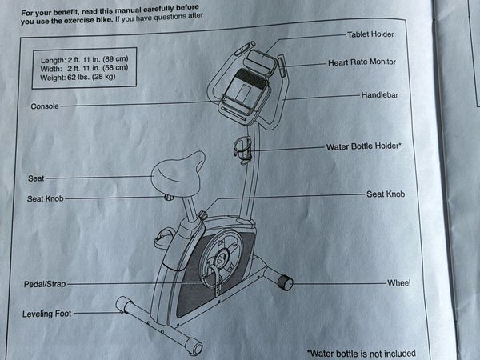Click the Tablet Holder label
click(370, 34)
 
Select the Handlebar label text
click(378, 94)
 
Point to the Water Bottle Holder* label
click(364, 146)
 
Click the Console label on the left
click(44, 106)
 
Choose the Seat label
click(36, 178)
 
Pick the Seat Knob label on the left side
click(45, 198)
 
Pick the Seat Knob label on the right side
click(386, 194)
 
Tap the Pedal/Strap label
click(46, 284)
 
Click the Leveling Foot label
click(47, 314)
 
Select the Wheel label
click(398, 283)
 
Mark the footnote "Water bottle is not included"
click(361, 353)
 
